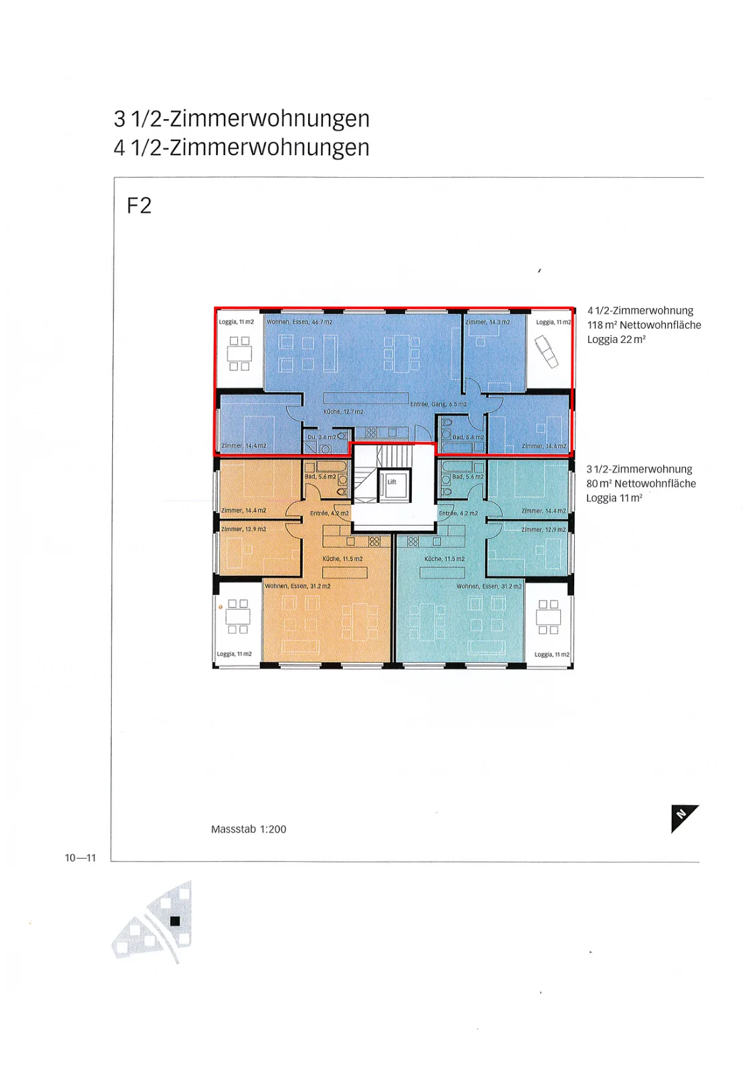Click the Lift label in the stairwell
tap(392, 481)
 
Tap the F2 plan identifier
tap(139, 205)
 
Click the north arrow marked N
tap(684, 818)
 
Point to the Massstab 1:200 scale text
tap(249, 829)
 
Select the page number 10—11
tap(80, 857)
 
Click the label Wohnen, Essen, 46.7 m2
tap(299, 322)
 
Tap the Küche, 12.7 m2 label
tap(344, 411)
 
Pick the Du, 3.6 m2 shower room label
tap(322, 437)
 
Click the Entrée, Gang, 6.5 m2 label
tap(438, 404)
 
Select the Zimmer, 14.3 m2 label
tap(487, 322)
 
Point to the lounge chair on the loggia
tap(546, 352)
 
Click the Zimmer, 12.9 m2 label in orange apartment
tap(243, 529)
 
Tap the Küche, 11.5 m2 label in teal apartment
tap(444, 558)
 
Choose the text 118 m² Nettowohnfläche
tap(644, 325)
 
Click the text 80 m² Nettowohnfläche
tap(641, 484)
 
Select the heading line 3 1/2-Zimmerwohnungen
tap(242, 118)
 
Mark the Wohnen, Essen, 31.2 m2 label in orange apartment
tap(297, 586)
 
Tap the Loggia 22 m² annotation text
tap(616, 339)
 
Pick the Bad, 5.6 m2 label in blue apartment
tap(468, 437)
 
